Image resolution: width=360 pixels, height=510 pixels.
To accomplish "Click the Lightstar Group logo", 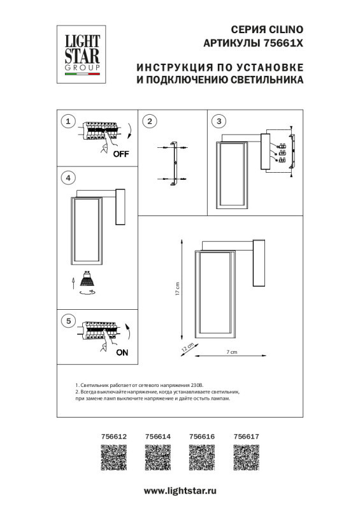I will [80, 51].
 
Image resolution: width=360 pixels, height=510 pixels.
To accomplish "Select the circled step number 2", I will [149, 121].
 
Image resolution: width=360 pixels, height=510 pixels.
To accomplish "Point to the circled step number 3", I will [219, 121].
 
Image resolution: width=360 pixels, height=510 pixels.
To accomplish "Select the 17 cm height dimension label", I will [178, 289].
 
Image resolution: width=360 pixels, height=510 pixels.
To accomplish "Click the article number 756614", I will [159, 437].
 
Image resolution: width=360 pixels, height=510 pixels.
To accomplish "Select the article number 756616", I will [203, 437].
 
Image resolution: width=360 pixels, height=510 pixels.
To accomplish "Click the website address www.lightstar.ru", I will [180, 491].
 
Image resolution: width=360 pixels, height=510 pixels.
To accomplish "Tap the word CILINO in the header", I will [286, 29].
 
